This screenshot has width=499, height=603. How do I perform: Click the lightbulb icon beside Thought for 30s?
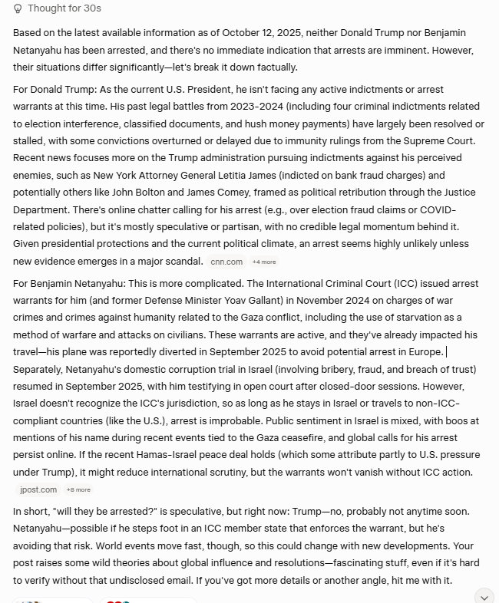point(18,8)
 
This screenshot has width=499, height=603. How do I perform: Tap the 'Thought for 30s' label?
point(64,8)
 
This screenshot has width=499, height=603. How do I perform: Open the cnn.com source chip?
point(228,262)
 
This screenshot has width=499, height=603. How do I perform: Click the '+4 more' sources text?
point(263,262)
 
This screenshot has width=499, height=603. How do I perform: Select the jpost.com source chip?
point(38,489)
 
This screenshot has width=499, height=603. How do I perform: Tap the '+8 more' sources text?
point(78,489)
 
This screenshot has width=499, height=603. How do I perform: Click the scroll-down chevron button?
point(484,597)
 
